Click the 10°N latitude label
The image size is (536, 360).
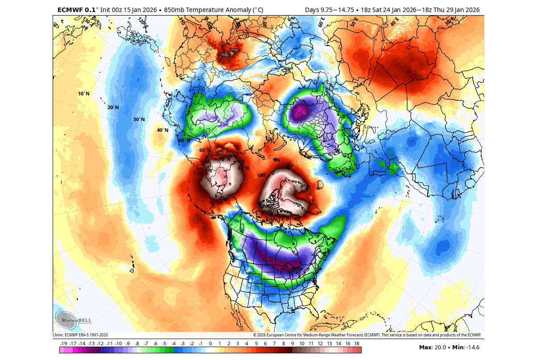83,94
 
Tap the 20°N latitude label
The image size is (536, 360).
113,107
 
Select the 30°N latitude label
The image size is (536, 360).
139,119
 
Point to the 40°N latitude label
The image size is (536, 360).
162,130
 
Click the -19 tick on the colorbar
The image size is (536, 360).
64,344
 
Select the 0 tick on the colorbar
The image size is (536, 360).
210,344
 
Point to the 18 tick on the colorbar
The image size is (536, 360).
357,344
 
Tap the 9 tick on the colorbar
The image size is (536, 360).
293,344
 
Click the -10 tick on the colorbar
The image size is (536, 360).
119,344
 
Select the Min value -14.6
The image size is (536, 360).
472,348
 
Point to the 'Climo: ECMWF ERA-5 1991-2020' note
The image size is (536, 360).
80,335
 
